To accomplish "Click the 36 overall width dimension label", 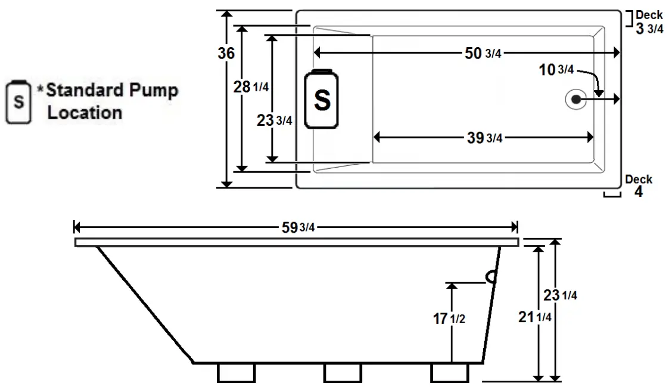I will [226, 53].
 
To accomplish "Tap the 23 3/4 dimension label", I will [274, 120].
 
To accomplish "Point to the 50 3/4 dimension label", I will [483, 53].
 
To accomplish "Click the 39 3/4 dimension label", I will [484, 138].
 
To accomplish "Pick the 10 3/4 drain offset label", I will [556, 70].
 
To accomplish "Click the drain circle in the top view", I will [576, 100].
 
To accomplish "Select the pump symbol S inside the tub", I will [322, 100].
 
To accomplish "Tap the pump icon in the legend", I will [19, 102].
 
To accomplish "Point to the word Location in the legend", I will [85, 113].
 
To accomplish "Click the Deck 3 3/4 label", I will [649, 23].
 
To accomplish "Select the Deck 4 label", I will [639, 186].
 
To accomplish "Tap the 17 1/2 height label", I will [449, 319].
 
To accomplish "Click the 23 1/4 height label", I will [561, 295].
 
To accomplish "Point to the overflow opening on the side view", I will [492, 276].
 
